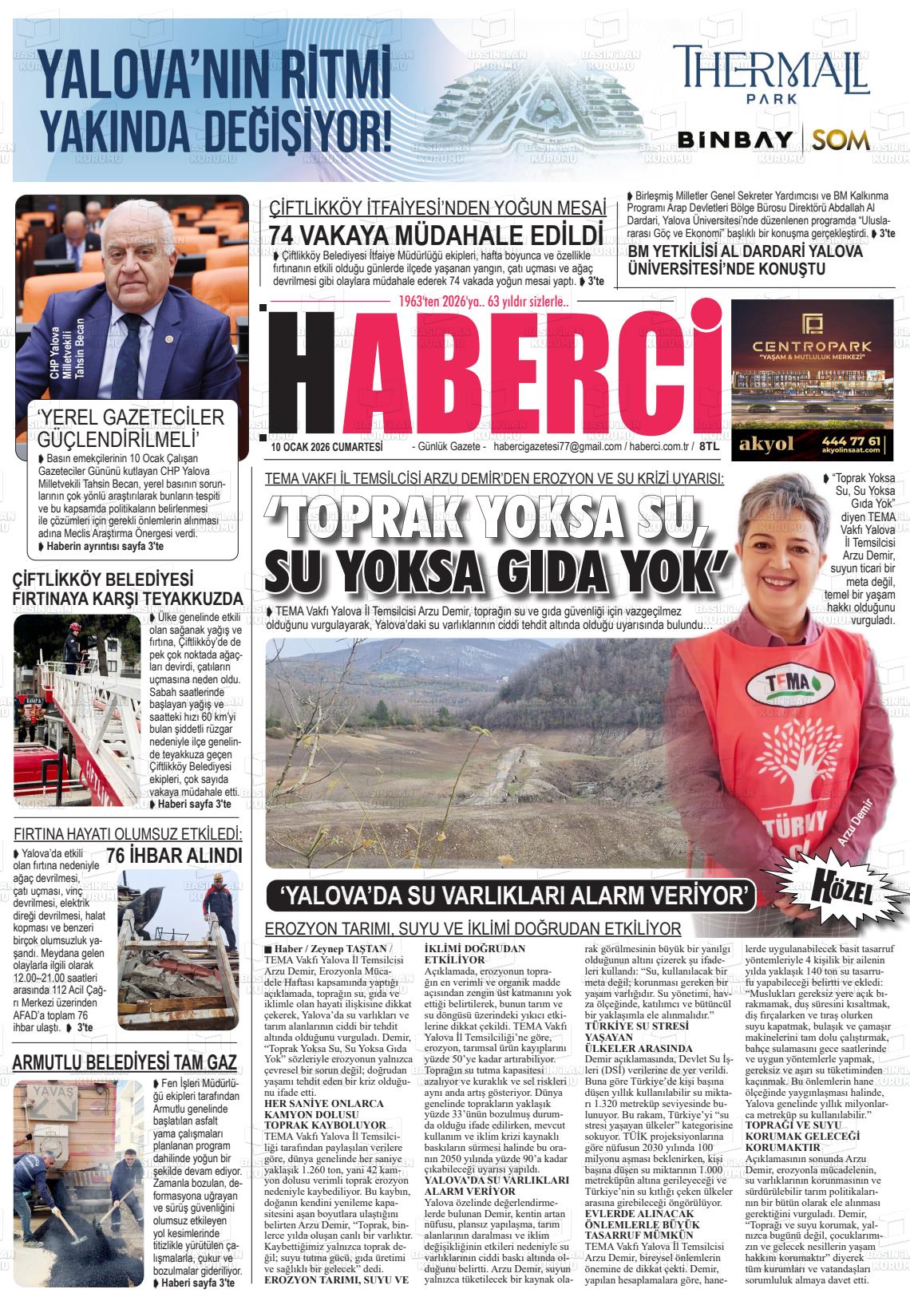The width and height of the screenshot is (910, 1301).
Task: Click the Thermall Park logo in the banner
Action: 770,75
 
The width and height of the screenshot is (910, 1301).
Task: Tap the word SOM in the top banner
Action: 841,140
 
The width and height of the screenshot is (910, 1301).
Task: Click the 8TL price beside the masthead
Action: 709,448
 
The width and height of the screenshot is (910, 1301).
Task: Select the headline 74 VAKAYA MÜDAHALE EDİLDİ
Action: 435,235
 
